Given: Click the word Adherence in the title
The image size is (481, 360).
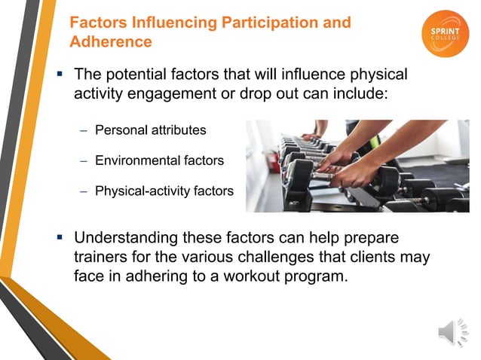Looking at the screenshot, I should [x=111, y=41].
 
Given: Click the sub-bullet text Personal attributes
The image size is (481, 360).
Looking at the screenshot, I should [x=150, y=130].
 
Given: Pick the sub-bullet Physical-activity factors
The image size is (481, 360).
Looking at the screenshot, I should [x=164, y=191].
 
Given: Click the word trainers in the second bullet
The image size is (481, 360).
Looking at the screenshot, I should [x=103, y=258].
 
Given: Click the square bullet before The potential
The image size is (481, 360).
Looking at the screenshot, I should [x=59, y=75].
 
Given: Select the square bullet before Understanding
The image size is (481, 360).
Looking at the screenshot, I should [x=59, y=238].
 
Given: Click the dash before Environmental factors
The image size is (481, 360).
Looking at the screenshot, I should [x=84, y=160].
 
